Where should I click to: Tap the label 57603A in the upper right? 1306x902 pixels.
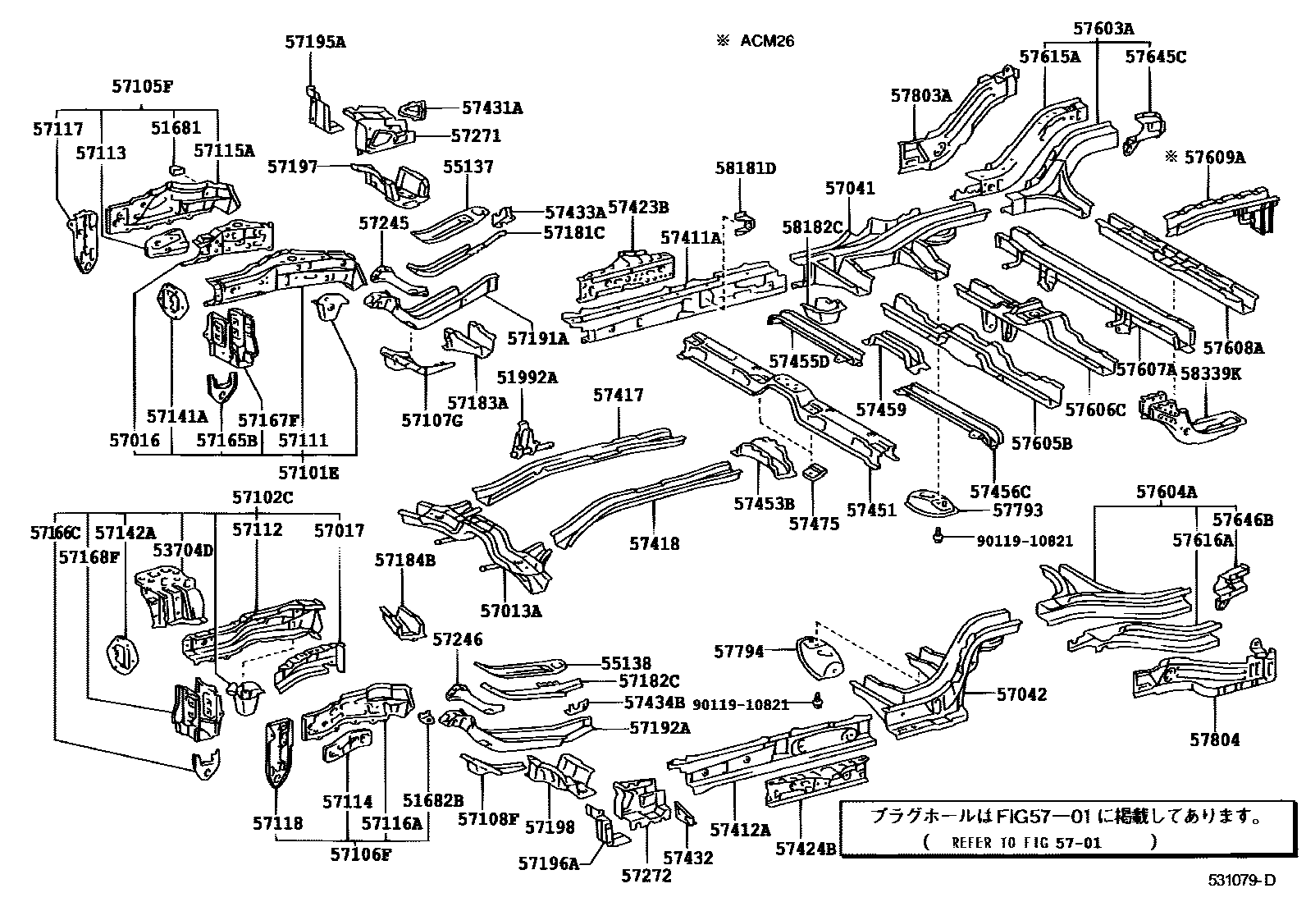pos(1103,29)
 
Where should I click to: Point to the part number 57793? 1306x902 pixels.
pos(1017,510)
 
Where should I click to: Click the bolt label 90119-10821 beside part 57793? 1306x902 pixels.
pos(1024,541)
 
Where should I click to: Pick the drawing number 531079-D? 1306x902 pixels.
pos(1241,881)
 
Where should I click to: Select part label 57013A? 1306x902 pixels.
pos(512,610)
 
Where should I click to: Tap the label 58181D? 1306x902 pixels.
pos(745,168)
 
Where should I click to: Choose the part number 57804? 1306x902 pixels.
pos(1215,739)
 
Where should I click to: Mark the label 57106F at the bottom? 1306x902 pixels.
pos(361,854)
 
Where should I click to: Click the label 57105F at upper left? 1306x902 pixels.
pos(143,87)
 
